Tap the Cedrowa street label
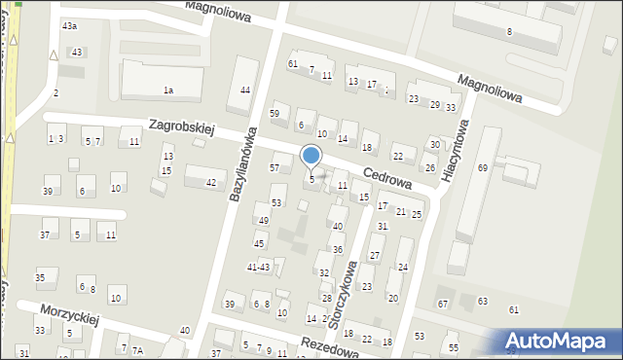point(386,181)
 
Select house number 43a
point(69,24)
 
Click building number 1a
point(167,90)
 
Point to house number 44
point(245,90)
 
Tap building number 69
point(482,168)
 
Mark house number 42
point(211,183)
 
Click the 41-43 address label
point(258,267)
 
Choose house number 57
point(274,168)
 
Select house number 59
point(275,114)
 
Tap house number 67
point(443,305)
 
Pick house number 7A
point(137,350)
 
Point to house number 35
point(40,278)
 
